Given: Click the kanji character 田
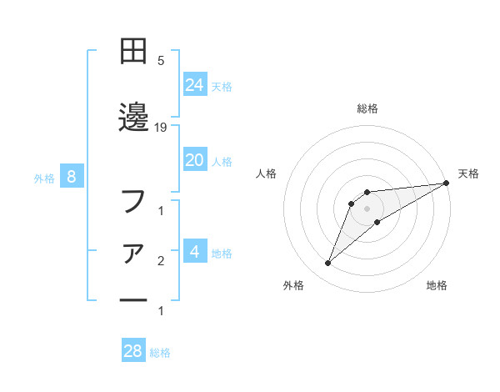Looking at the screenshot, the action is (133, 53).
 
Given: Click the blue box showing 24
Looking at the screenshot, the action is (195, 84).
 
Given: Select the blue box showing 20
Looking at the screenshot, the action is (195, 160).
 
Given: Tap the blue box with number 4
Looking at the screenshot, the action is (195, 252).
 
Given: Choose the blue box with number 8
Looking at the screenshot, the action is (72, 177).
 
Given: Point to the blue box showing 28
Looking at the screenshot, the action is (133, 351).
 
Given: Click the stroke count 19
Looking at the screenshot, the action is (162, 127).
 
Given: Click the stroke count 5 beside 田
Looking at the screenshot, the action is (161, 60).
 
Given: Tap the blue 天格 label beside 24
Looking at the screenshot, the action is (222, 86).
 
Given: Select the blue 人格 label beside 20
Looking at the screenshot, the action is (222, 161).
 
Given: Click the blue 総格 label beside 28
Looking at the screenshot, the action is (160, 353).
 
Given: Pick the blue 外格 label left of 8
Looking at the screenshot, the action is (44, 178).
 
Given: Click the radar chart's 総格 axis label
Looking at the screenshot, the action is (367, 108).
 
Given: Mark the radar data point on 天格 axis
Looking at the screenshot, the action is (447, 183).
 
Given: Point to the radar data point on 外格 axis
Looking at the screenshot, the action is (328, 264).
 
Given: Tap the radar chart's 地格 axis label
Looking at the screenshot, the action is (437, 286).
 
